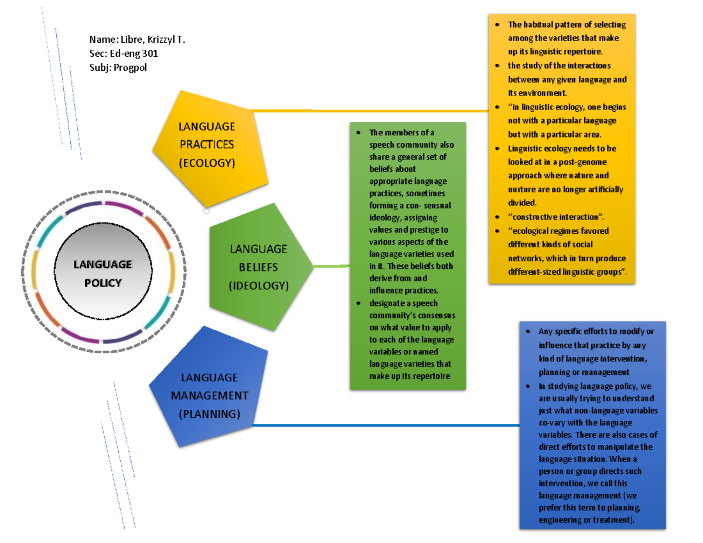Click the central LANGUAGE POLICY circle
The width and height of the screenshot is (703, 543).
(x=98, y=273)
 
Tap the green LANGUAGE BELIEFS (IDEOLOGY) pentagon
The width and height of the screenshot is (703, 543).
(x=258, y=267)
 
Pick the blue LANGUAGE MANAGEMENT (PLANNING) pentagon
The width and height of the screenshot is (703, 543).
(x=209, y=395)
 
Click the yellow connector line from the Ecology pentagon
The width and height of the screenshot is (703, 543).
(x=369, y=110)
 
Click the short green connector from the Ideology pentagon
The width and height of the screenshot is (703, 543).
(x=331, y=267)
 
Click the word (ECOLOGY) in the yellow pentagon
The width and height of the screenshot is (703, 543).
(x=206, y=163)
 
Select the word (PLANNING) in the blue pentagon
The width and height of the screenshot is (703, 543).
(x=209, y=414)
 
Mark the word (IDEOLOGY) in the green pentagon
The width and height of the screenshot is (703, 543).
(x=258, y=286)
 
